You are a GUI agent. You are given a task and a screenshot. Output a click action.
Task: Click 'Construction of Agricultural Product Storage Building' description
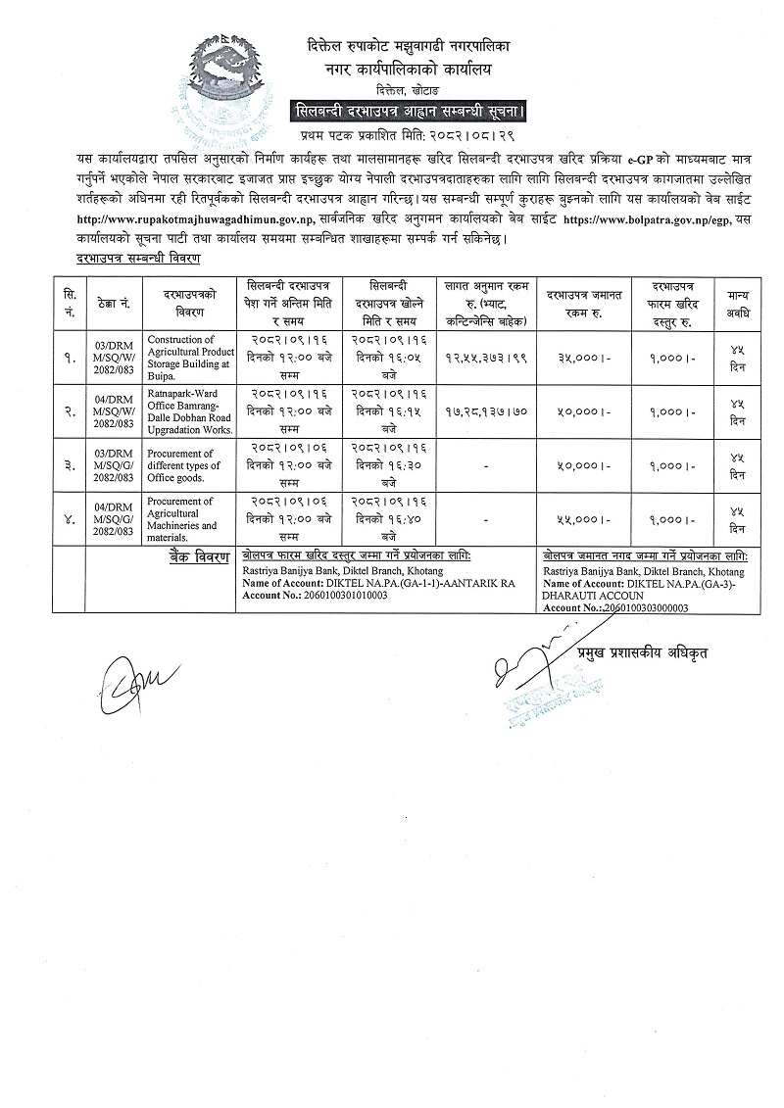pos(189,354)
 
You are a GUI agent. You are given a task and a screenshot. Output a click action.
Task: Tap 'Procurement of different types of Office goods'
pos(181,465)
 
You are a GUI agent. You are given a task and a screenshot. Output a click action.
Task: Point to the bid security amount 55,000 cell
pos(577,520)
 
